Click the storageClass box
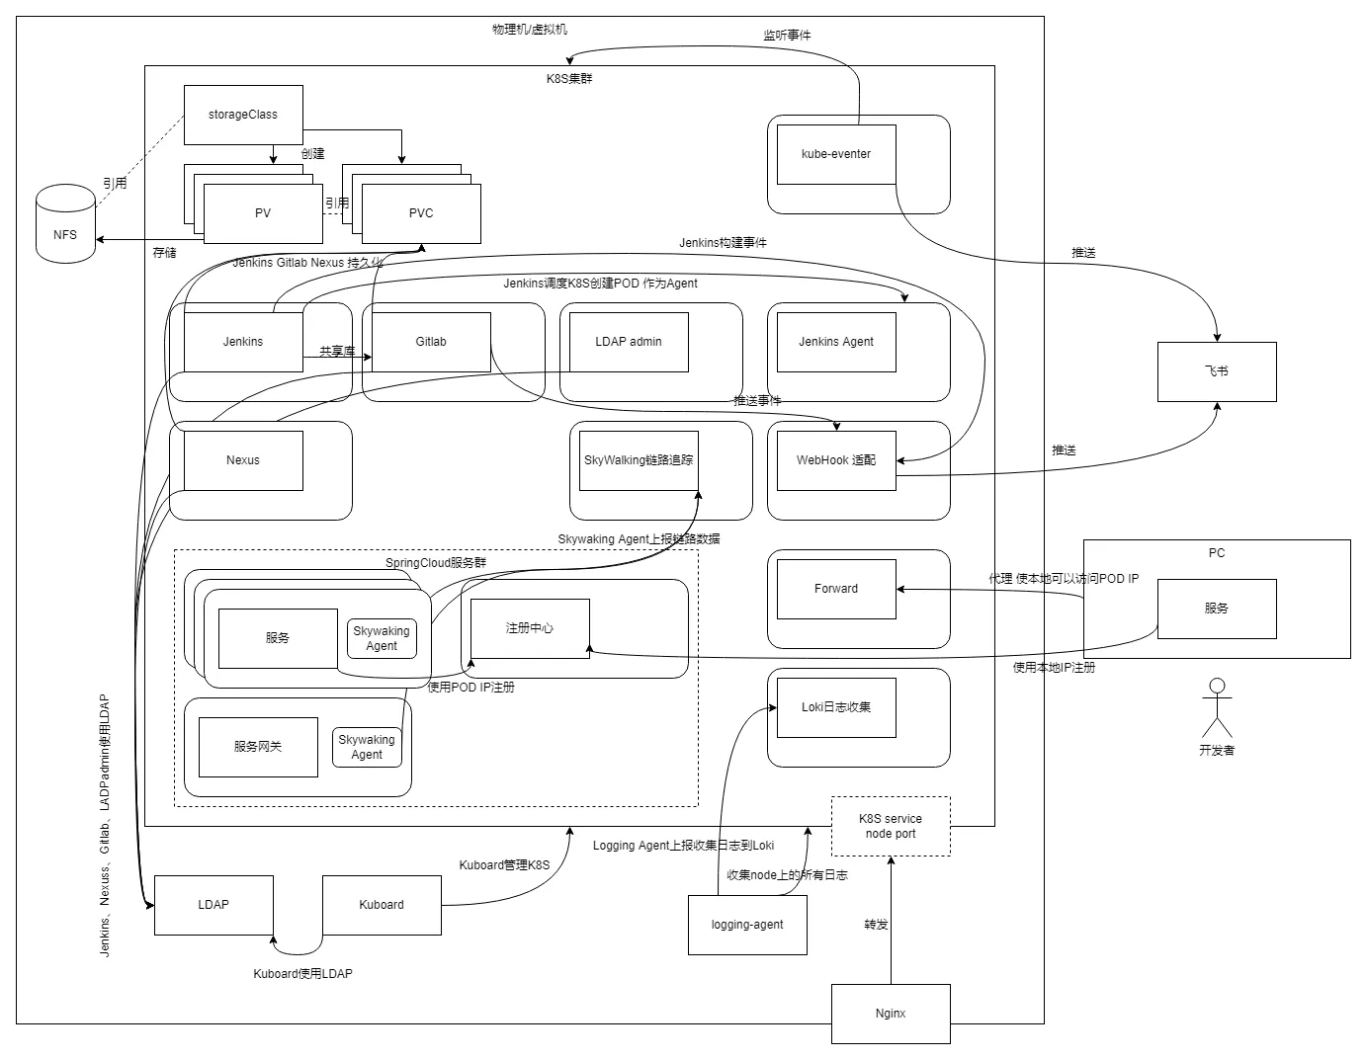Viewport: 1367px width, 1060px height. click(x=243, y=115)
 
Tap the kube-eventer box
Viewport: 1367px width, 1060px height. click(x=836, y=154)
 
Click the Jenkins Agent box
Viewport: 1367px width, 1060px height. click(x=836, y=342)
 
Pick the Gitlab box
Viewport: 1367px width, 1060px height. click(x=431, y=342)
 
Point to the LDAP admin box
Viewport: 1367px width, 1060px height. click(x=629, y=342)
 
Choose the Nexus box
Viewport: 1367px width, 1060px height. click(x=243, y=460)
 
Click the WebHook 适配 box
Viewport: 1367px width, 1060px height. click(x=836, y=460)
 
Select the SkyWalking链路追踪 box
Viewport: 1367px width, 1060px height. click(x=639, y=460)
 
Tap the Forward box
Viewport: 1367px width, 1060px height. click(x=836, y=589)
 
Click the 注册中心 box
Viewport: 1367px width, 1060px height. click(x=530, y=628)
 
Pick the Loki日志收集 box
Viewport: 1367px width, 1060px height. click(x=836, y=707)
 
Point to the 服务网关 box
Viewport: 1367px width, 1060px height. click(x=258, y=747)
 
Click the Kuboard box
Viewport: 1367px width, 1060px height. click(x=382, y=905)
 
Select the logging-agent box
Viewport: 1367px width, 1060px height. click(x=747, y=925)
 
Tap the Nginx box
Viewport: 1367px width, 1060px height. click(x=891, y=1014)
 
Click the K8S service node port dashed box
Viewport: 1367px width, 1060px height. click(x=891, y=826)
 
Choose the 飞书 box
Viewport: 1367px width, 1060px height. click(x=1217, y=371)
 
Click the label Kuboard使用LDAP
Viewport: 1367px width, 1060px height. click(x=302, y=974)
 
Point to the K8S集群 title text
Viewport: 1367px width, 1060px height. click(x=569, y=78)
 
